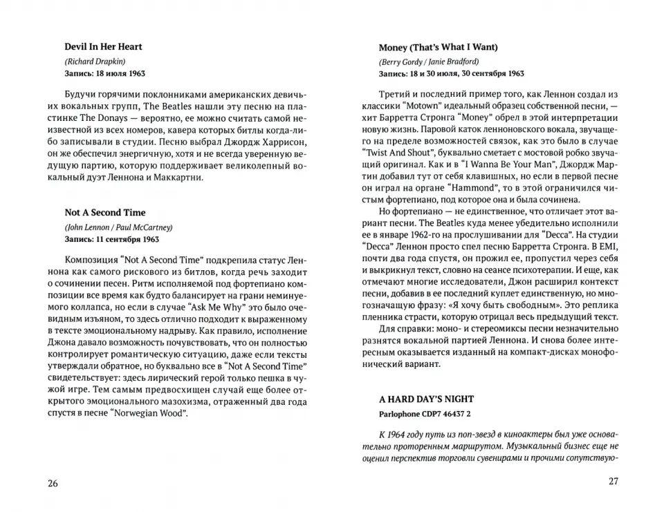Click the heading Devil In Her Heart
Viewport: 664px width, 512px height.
(x=104, y=47)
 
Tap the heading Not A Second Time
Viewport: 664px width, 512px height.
(x=105, y=213)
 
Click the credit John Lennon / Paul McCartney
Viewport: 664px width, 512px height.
(x=118, y=227)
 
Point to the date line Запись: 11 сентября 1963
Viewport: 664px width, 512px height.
(x=111, y=239)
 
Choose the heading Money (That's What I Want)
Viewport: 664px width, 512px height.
(x=439, y=48)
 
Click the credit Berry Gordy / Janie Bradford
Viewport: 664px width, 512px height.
(x=429, y=61)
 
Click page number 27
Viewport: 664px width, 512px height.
(x=611, y=482)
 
